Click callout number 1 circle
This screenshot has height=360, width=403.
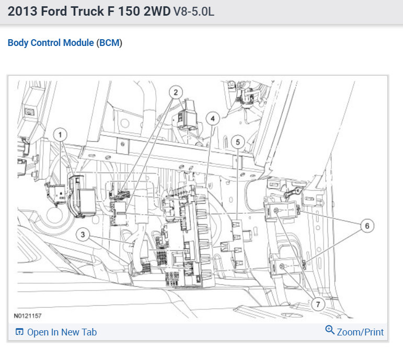pos(60,135)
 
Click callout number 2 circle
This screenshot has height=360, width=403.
pos(176,92)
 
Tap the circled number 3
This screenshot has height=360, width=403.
pos(83,235)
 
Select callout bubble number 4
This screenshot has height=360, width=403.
pos(213,119)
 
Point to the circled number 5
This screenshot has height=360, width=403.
pos(238,142)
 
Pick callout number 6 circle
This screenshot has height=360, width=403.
pos(367,226)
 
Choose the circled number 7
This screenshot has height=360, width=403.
pos(318,304)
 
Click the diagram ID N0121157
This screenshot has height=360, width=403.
pos(28,316)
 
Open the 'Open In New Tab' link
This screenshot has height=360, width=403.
pos(62,332)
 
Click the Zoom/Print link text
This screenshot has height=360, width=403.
pos(360,332)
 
